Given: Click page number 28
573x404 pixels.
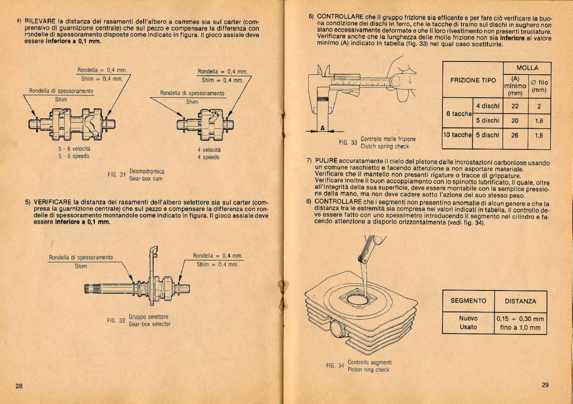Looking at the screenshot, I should tap(19, 386).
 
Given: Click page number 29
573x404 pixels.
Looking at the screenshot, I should tap(546, 385).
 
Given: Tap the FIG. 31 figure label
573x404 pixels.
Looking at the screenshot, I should tap(117, 175).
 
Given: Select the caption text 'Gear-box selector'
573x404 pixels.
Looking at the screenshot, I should tap(149, 324).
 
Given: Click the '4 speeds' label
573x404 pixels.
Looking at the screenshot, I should tap(209, 157).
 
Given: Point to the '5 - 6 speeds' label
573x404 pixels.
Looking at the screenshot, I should tap(74, 156).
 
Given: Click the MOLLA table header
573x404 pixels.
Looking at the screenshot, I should tap(527, 68).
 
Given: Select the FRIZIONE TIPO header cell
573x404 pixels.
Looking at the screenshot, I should tap(473, 80).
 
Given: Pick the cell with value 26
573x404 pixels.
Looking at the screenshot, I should tap(515, 135).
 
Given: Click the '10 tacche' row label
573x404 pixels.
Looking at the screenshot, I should tap(457, 135).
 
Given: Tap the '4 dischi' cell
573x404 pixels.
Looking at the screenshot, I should tap(488, 106).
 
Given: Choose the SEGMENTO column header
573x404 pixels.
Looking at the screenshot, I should tap(468, 301).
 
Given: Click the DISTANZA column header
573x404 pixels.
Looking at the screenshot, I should tap(520, 301).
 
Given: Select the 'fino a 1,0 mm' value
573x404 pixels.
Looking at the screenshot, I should tap(520, 328).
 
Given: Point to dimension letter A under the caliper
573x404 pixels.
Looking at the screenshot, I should tap(323, 128).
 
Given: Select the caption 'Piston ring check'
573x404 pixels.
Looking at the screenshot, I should tap(369, 370).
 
